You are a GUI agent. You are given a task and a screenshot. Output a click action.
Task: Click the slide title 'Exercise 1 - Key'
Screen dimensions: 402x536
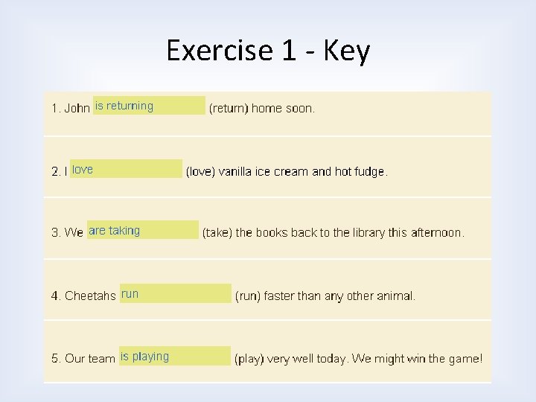(x=268, y=51)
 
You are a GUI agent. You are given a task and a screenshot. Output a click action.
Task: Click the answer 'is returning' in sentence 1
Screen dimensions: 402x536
(x=124, y=106)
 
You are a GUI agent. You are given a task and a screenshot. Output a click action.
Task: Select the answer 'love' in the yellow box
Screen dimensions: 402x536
(x=83, y=169)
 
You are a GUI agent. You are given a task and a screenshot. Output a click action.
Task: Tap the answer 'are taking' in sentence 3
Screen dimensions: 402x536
(x=114, y=231)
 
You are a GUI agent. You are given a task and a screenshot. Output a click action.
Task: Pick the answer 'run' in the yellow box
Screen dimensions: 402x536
(x=130, y=294)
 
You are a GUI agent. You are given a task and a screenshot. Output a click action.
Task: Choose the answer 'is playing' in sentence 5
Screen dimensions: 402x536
(x=144, y=357)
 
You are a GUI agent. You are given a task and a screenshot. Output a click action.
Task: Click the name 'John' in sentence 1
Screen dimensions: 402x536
(x=77, y=109)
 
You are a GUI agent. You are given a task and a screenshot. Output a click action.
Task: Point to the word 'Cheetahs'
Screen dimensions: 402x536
(x=90, y=296)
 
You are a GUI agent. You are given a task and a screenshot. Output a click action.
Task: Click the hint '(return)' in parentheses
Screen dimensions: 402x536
(x=228, y=109)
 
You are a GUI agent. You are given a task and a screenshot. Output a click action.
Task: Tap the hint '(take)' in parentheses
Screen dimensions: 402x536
(x=217, y=233)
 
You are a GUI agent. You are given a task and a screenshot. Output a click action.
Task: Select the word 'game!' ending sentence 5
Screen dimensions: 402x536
(x=465, y=359)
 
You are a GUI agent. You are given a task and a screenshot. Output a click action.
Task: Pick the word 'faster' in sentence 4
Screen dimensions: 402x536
(x=279, y=296)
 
